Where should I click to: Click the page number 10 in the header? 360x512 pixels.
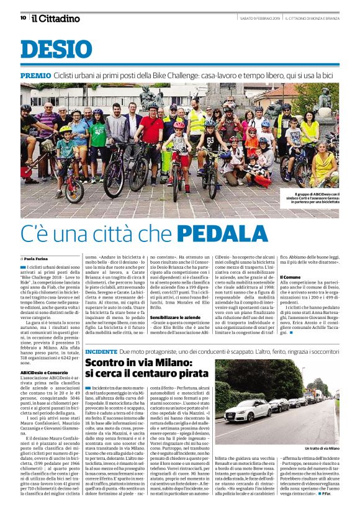coord(23,18)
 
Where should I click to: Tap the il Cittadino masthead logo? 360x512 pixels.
coord(56,18)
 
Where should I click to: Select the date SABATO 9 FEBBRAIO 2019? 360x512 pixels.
coord(260,18)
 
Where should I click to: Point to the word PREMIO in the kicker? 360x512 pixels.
coord(35,75)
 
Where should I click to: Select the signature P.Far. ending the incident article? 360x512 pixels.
coord(327,493)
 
